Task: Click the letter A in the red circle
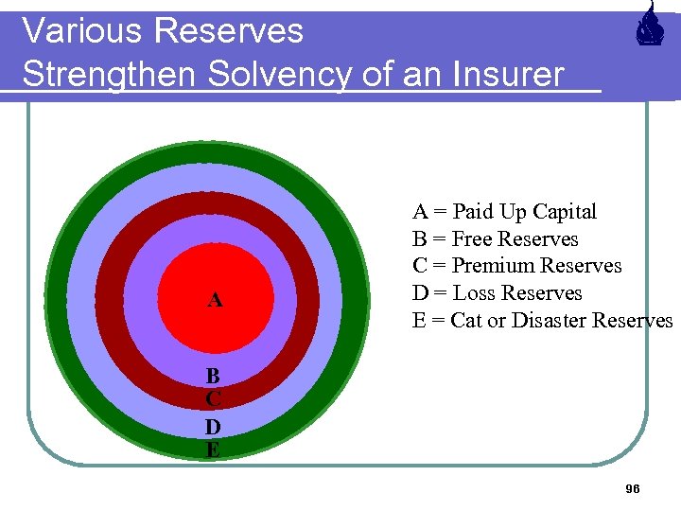coord(216,301)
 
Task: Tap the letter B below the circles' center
coord(214,376)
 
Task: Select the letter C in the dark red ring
coord(214,400)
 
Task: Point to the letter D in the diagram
coord(214,426)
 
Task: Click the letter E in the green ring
coord(214,450)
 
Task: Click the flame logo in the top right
coord(648,26)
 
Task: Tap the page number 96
coord(633,488)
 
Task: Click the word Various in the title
coord(82,31)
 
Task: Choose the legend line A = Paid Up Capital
coord(504,212)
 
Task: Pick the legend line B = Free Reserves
coord(495,239)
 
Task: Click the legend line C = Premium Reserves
coord(516,266)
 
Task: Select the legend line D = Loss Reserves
coord(497,293)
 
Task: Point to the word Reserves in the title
coord(230,31)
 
